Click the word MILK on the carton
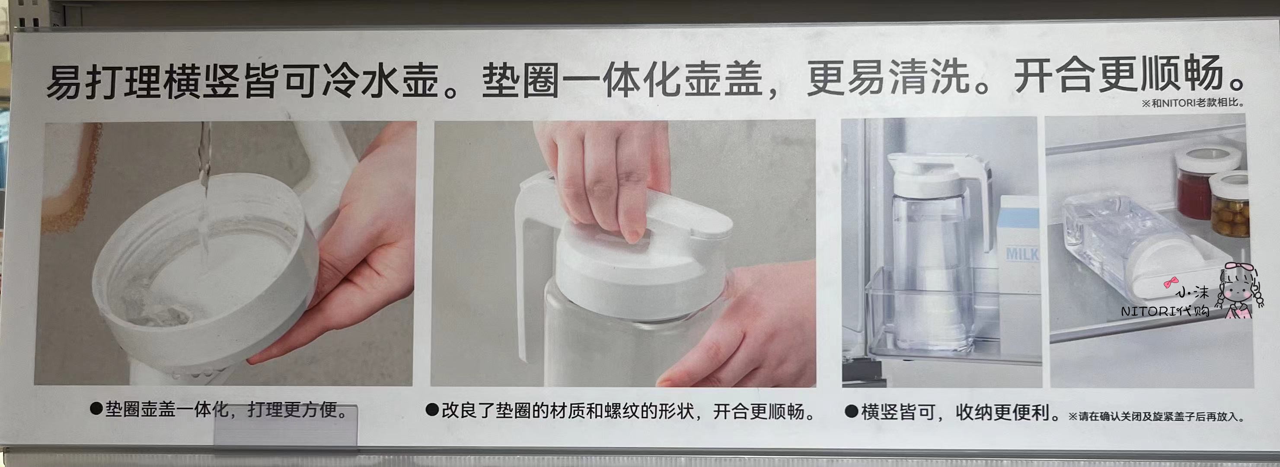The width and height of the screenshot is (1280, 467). point(1022,254)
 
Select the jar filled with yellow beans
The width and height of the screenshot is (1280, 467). point(1227,204)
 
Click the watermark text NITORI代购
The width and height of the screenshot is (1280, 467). point(1165,311)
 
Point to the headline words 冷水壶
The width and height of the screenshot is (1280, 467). point(380,80)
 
